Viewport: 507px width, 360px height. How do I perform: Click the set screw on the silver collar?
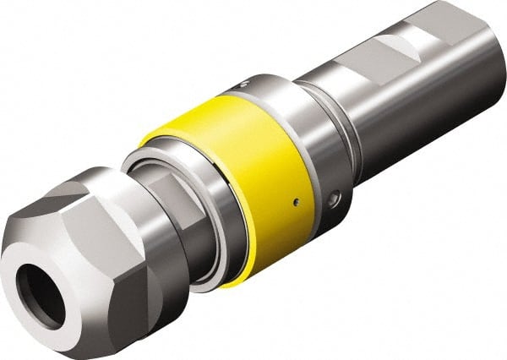click(x=335, y=199)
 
